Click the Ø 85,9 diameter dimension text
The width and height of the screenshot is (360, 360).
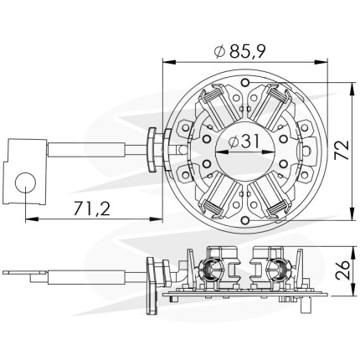(239, 51)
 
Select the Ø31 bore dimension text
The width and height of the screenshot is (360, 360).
(244, 141)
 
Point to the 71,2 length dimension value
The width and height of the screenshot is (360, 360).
(92, 208)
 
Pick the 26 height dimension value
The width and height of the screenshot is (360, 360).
(342, 270)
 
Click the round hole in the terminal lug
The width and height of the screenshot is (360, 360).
(25, 183)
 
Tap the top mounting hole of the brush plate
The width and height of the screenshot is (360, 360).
(245, 83)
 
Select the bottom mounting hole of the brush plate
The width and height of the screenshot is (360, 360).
(245, 220)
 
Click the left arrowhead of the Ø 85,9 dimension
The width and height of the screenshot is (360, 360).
(169, 62)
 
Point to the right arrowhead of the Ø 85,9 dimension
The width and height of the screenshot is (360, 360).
(321, 62)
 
